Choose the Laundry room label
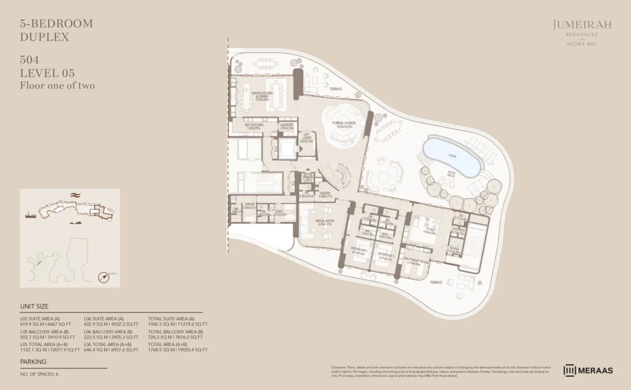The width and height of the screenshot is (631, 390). [x=287, y=125]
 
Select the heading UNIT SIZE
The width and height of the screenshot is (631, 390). [x=35, y=306]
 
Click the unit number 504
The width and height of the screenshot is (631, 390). [x=30, y=60]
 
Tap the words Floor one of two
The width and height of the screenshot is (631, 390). [x=57, y=86]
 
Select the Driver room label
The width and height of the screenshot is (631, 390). [x=250, y=206]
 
